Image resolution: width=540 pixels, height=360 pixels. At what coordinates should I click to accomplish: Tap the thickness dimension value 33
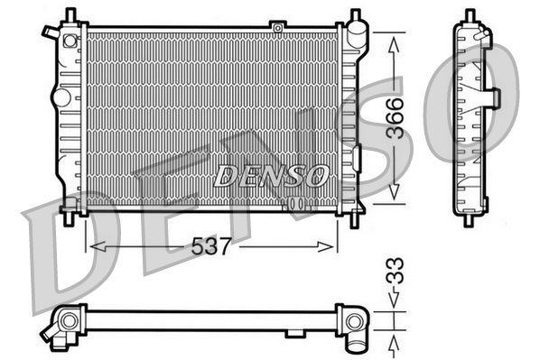[395, 272]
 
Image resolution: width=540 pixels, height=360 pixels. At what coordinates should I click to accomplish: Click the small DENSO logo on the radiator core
[270, 176]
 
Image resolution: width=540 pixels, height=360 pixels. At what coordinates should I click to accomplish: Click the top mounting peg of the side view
[470, 15]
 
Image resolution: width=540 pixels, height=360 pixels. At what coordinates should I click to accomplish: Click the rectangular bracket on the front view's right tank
[356, 158]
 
